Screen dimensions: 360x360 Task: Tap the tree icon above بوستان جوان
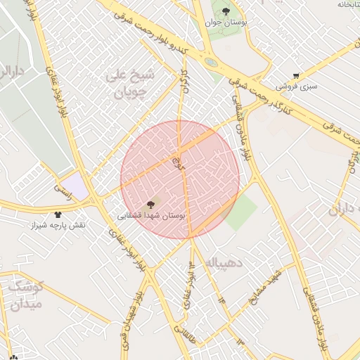click(225, 11)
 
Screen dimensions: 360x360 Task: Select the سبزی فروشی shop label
click(296, 86)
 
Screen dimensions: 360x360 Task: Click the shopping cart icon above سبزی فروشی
click(296, 76)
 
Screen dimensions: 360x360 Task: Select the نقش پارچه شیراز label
click(58, 225)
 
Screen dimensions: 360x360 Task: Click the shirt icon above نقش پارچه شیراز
click(58, 214)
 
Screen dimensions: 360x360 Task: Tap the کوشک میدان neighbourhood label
click(26, 295)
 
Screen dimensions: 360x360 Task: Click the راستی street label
click(64, 189)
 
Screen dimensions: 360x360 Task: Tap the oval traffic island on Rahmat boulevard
click(210, 63)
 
